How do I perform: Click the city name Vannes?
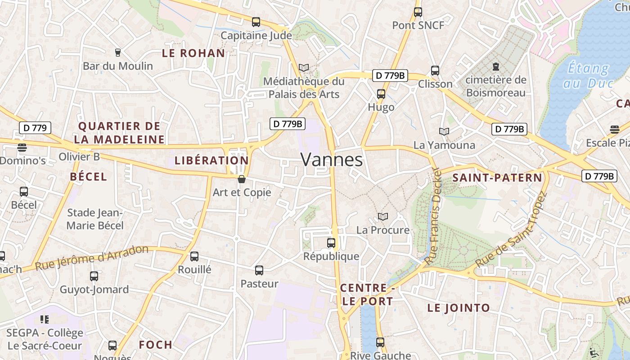click(x=332, y=160)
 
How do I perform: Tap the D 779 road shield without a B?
click(x=35, y=128)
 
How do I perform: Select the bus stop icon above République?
click(x=331, y=243)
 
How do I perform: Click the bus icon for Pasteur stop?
click(x=259, y=270)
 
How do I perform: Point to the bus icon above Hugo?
click(x=381, y=94)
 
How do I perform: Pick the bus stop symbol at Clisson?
click(x=435, y=71)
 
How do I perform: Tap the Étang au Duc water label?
click(x=589, y=76)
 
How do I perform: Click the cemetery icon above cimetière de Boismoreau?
click(x=496, y=67)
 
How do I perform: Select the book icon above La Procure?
click(x=383, y=217)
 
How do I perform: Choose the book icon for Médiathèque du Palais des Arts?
click(x=304, y=68)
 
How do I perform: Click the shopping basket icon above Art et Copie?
click(x=242, y=179)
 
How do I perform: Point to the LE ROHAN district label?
click(x=193, y=53)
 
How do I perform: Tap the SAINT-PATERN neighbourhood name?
click(x=497, y=178)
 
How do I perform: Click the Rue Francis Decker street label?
click(x=433, y=216)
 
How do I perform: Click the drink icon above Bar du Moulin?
click(x=118, y=53)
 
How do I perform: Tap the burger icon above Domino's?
click(x=22, y=147)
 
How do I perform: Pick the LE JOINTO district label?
click(x=459, y=308)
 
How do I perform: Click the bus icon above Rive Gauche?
click(x=380, y=342)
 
